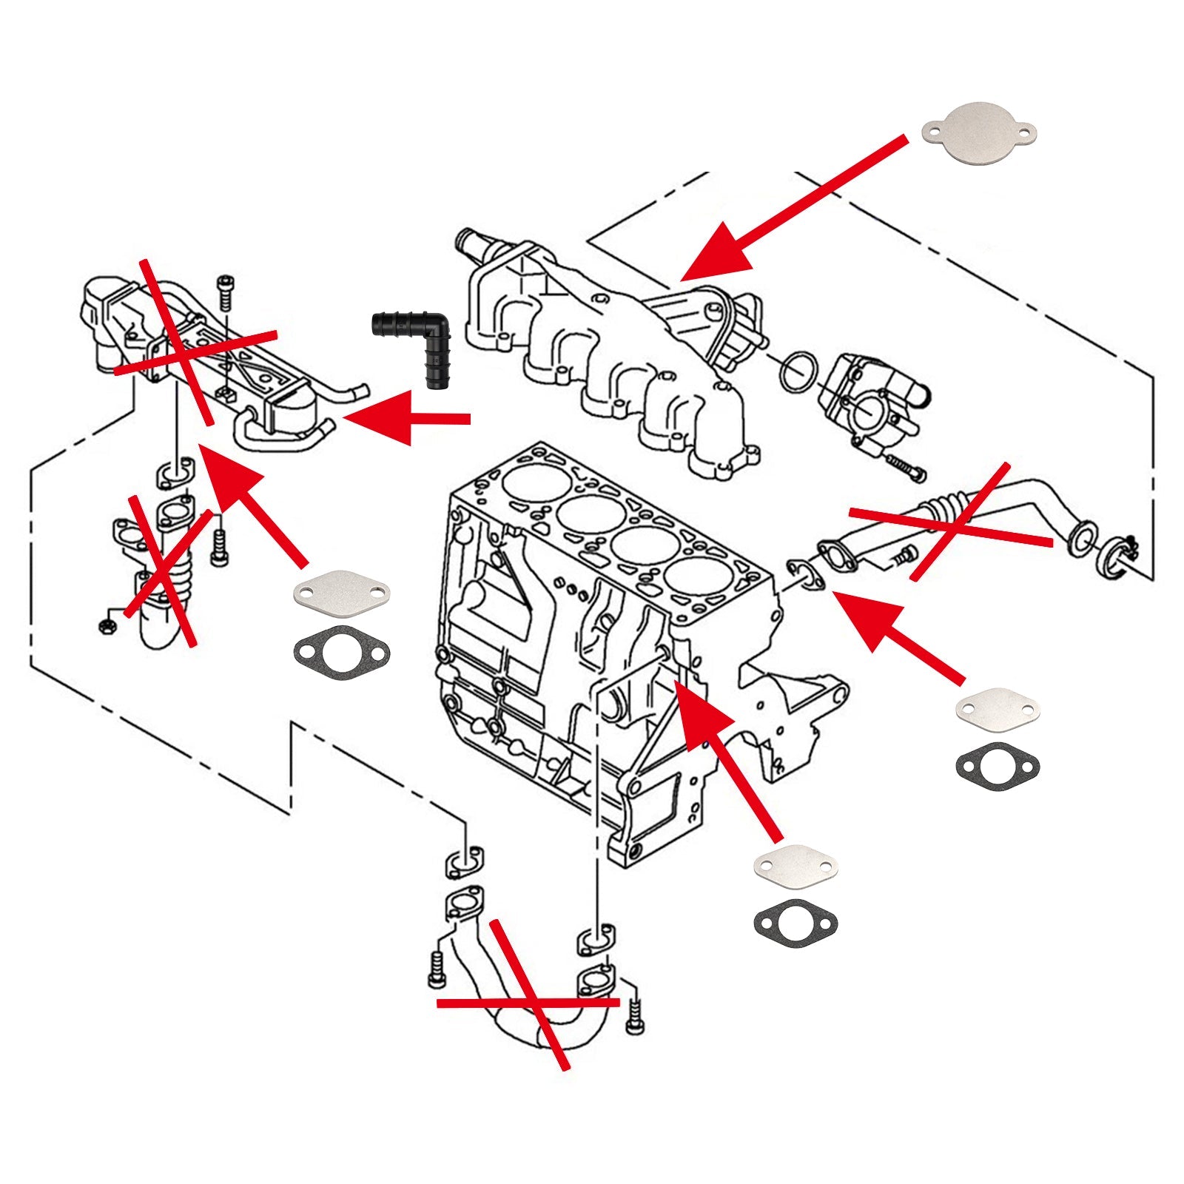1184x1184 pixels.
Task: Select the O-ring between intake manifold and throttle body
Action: [798, 373]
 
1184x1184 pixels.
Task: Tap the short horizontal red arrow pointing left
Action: [407, 419]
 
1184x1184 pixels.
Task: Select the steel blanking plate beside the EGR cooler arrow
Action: [341, 592]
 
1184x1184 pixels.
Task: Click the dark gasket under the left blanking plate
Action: [341, 653]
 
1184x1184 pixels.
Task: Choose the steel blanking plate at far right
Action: [998, 708]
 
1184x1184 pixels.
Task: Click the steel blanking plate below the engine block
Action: [795, 864]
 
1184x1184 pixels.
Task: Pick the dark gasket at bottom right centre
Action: [795, 922]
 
